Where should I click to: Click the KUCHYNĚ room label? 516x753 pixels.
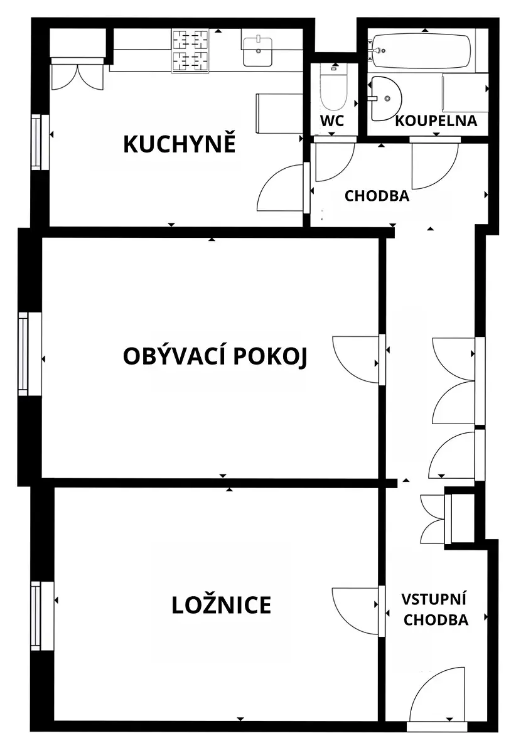[180, 144]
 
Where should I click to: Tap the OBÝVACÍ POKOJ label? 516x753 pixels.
[215, 356]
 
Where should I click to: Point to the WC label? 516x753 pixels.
[332, 120]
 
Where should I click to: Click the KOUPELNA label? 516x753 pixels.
[436, 121]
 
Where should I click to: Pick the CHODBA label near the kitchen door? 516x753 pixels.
[377, 196]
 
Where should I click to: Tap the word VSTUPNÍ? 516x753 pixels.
[434, 599]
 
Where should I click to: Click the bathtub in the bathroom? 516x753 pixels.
[421, 50]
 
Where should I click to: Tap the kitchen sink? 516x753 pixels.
[257, 52]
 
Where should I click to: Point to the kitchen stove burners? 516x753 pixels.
[190, 50]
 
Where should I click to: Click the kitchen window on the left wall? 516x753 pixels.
[40, 142]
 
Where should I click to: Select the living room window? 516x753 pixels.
[30, 354]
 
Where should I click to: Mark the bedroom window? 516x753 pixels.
[42, 616]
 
